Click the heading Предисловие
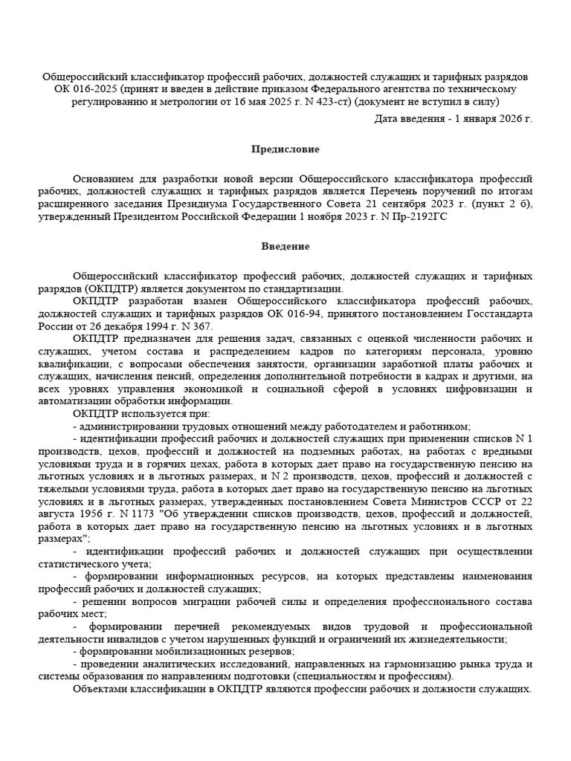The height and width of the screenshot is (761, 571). pos(285,149)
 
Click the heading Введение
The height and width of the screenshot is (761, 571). pos(285,246)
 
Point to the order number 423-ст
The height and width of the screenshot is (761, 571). pos(333,103)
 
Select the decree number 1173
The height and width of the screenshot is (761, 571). pos(140,514)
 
